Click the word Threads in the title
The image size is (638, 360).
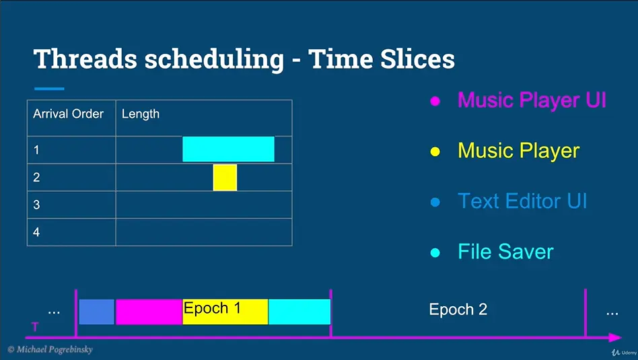click(x=85, y=59)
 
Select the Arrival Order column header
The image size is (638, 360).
click(x=69, y=114)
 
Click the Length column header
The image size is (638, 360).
click(x=141, y=114)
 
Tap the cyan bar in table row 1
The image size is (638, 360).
click(x=228, y=149)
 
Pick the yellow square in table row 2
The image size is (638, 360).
click(x=225, y=178)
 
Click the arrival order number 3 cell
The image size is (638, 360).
click(x=71, y=205)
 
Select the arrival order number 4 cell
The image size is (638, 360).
click(x=71, y=232)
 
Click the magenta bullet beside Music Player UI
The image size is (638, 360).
click(x=435, y=101)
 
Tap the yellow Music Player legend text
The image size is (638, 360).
click(x=518, y=151)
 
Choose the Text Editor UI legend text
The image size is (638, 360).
click(x=522, y=201)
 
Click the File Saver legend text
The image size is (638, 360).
click(x=506, y=252)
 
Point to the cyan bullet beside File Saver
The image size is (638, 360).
click(x=435, y=252)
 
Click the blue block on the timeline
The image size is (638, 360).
click(x=96, y=312)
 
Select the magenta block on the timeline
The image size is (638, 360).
click(x=149, y=312)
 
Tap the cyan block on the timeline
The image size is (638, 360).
click(x=299, y=312)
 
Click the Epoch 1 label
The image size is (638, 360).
click(x=212, y=308)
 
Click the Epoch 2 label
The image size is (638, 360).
click(x=458, y=310)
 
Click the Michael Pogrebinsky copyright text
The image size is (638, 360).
click(x=50, y=349)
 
